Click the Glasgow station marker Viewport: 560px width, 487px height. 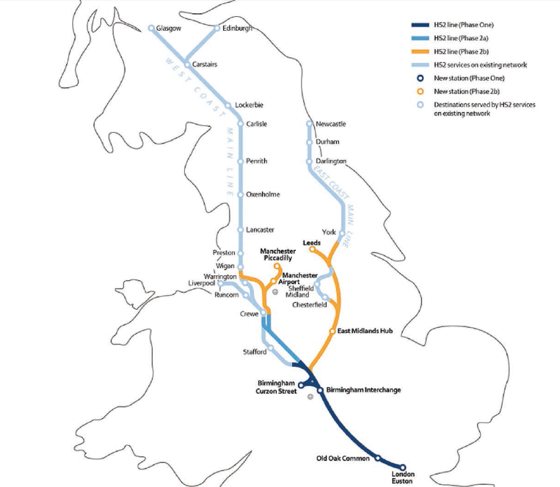coord(151,28)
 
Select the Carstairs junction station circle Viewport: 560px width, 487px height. coord(187,64)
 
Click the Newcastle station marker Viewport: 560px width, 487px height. coord(309,124)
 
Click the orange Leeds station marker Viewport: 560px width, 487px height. coord(312,249)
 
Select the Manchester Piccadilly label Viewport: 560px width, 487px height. coord(278,254)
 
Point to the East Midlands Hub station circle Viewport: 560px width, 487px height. coord(332,331)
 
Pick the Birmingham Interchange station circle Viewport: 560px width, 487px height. coord(320,390)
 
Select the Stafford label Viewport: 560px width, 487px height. coord(255,352)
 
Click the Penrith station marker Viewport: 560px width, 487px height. coord(240,161)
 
